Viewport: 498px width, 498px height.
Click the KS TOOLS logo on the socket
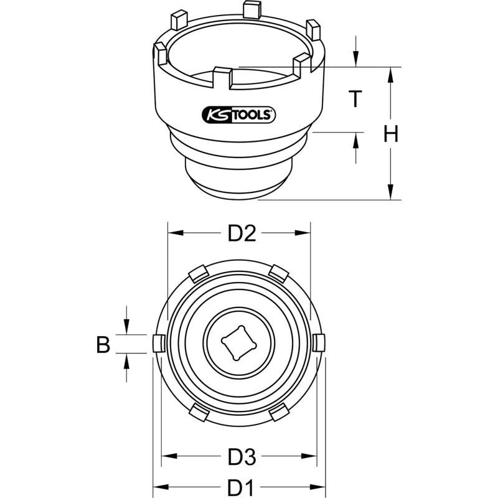click(x=239, y=115)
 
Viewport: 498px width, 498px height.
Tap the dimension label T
click(x=355, y=99)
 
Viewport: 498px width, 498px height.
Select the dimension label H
click(x=391, y=133)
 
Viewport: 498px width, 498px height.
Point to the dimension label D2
click(x=242, y=233)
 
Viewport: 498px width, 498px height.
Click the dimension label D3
click(x=242, y=458)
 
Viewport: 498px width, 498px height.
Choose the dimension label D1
click(x=240, y=487)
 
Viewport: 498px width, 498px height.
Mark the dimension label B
click(x=103, y=344)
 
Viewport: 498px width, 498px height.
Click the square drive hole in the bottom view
click(x=239, y=344)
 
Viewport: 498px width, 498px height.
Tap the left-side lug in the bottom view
click(x=159, y=344)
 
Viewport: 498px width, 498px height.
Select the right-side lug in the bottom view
click(x=319, y=343)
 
